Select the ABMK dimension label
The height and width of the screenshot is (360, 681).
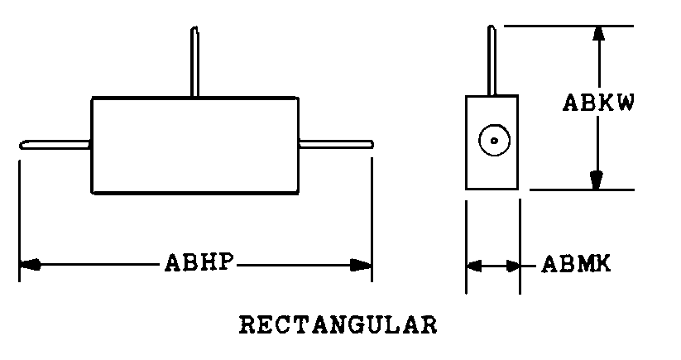(x=576, y=266)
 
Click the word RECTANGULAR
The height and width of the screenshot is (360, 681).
(x=338, y=324)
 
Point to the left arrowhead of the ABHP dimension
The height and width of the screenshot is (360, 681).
(x=30, y=265)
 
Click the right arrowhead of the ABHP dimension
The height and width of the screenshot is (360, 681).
(x=361, y=265)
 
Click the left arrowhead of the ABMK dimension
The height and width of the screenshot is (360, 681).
(x=474, y=266)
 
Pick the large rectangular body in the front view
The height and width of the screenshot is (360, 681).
(x=194, y=146)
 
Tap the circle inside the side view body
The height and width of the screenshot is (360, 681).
(x=493, y=141)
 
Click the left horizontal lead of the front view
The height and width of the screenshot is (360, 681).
(x=55, y=145)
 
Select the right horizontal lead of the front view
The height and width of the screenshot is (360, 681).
(x=335, y=145)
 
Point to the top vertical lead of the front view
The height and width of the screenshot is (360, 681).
(x=194, y=63)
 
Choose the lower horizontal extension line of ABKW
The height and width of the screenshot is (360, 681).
(x=579, y=190)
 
